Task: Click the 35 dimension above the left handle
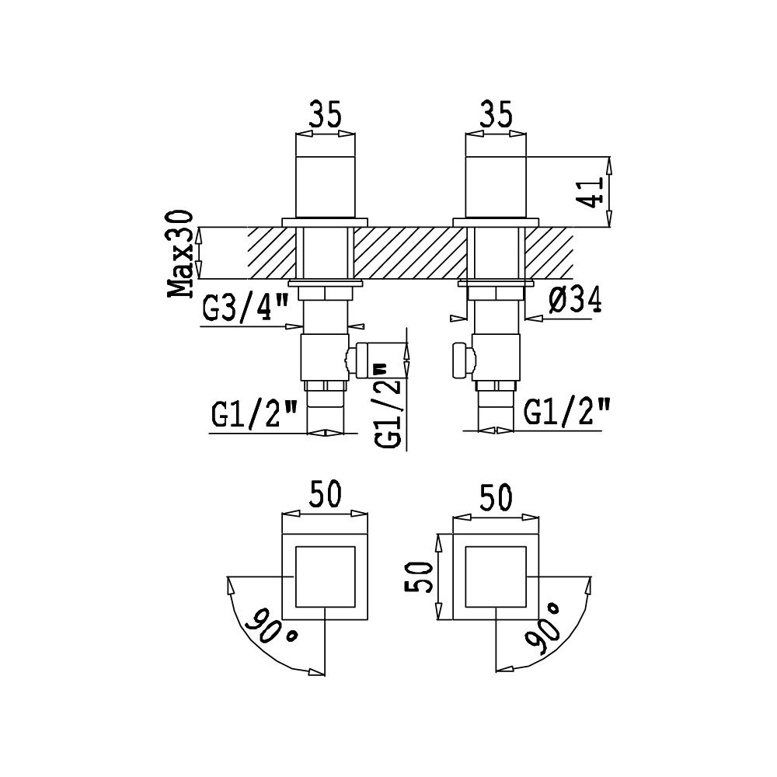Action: (x=326, y=115)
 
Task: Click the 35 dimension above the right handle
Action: (x=496, y=115)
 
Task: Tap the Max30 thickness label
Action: (x=179, y=253)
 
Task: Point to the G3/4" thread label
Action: (x=246, y=309)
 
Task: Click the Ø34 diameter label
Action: (x=575, y=300)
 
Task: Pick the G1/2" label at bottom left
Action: (x=254, y=414)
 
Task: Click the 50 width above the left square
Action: (x=325, y=494)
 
